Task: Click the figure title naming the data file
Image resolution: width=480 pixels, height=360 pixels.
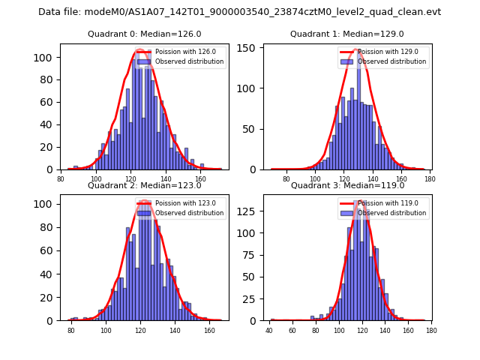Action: [240, 12]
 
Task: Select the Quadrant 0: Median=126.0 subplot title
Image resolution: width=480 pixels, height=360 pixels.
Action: [144, 34]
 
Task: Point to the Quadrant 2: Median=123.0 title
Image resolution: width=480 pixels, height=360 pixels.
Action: [144, 185]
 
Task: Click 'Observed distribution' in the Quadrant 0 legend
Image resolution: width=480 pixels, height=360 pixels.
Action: [189, 61]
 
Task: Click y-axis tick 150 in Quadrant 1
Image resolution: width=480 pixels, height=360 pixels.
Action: [251, 47]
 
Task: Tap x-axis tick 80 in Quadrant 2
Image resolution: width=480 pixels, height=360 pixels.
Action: [71, 330]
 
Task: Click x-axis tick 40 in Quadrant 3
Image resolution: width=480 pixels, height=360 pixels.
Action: [269, 330]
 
